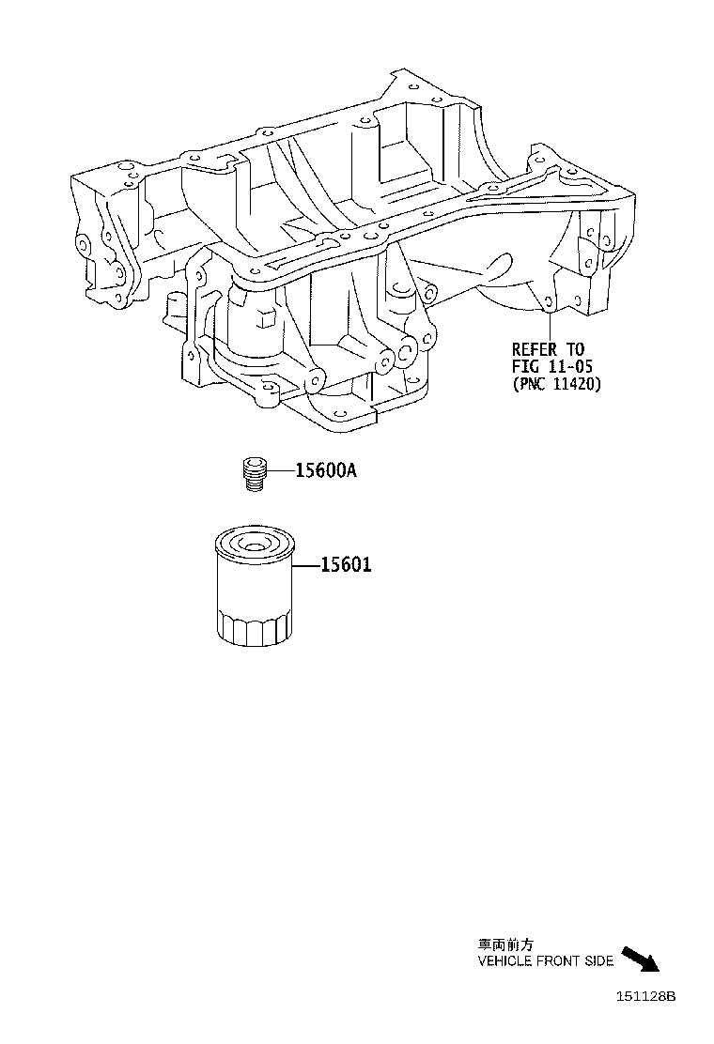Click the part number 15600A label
[x=326, y=471]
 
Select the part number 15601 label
[x=346, y=565]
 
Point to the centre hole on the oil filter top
[x=253, y=543]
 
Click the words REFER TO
[x=548, y=347]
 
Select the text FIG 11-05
[x=552, y=365]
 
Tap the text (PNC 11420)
[x=556, y=383]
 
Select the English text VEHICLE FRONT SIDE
[x=546, y=960]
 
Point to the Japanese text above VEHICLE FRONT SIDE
[x=498, y=945]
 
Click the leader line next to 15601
[x=306, y=566]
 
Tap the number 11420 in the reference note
[x=574, y=383]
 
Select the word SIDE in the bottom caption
[x=599, y=960]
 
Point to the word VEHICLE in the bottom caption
[x=504, y=960]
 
